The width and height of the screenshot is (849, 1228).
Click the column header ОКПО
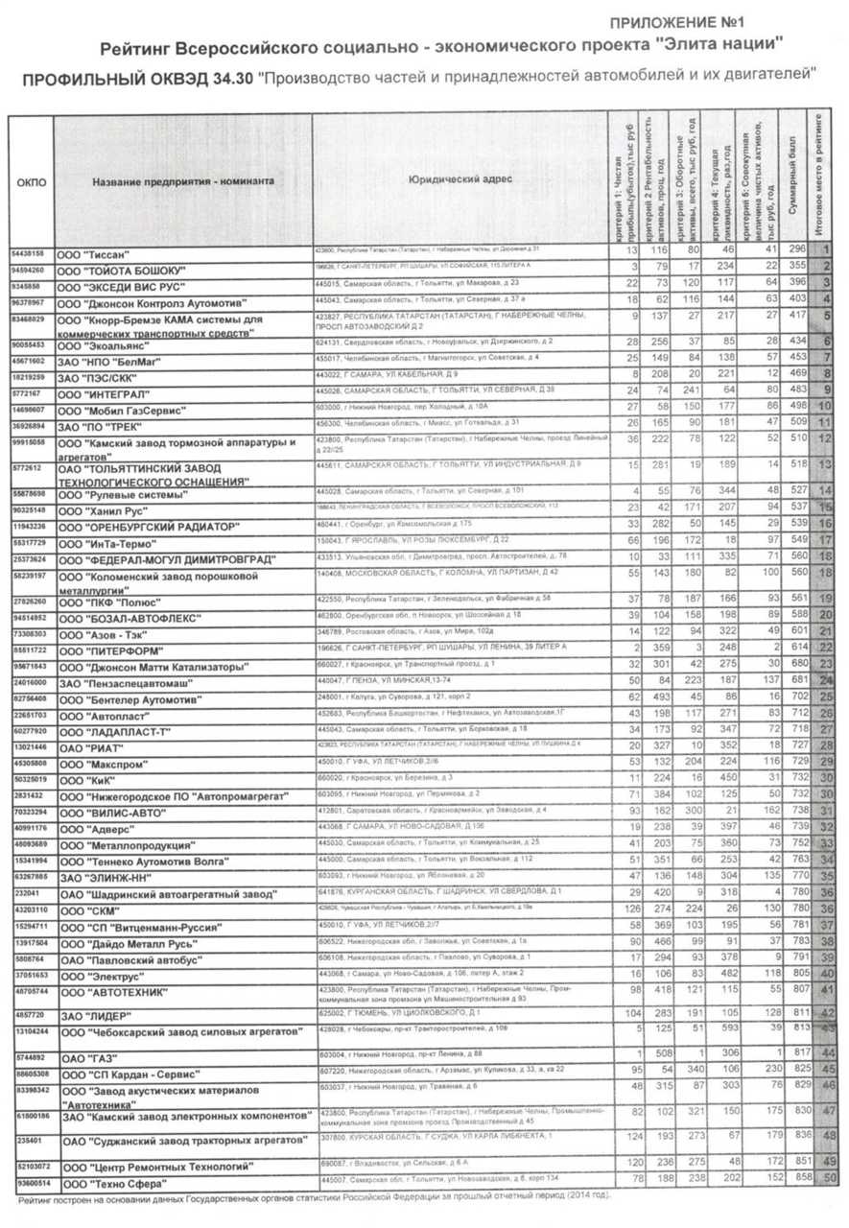tap(32, 180)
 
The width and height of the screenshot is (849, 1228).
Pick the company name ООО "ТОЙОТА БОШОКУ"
tap(123, 270)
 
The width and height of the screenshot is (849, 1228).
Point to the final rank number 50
tap(830, 1178)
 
